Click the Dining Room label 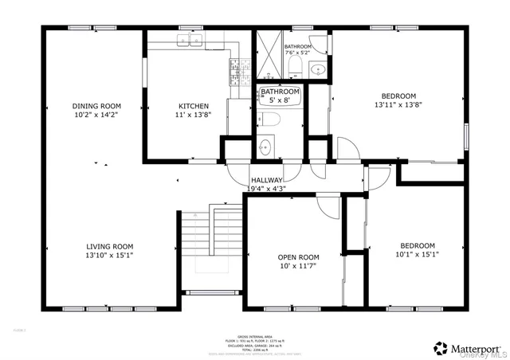pyautogui.click(x=96, y=106)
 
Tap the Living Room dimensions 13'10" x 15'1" pyautogui.click(x=109, y=256)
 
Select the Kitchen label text pyautogui.click(x=194, y=106)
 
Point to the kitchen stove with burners pyautogui.click(x=235, y=73)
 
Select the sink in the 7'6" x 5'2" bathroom pyautogui.click(x=317, y=68)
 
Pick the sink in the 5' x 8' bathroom pyautogui.click(x=265, y=147)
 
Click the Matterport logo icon pyautogui.click(x=440, y=348)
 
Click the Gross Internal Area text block pyautogui.click(x=254, y=342)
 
